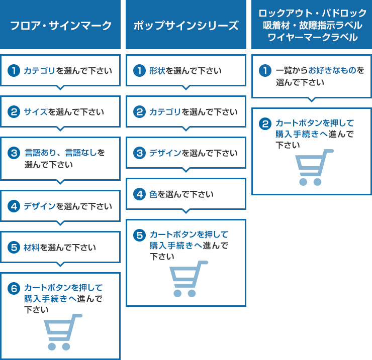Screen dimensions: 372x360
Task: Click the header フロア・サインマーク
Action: [60, 26]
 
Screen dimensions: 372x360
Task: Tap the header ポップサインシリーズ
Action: [186, 26]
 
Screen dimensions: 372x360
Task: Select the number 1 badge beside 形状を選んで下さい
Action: [139, 71]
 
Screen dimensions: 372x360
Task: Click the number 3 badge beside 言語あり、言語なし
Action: [14, 153]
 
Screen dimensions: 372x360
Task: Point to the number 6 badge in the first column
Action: [14, 288]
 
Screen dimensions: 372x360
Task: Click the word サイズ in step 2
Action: [36, 112]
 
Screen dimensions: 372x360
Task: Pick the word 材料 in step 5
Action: [32, 248]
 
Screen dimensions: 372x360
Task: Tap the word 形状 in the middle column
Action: [157, 71]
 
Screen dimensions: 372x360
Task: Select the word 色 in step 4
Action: [153, 194]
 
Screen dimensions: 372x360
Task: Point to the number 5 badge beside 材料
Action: [14, 247]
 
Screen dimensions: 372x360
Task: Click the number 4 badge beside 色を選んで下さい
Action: [139, 194]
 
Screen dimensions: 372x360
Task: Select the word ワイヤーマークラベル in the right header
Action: [313, 38]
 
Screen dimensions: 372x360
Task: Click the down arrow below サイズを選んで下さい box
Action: [60, 129]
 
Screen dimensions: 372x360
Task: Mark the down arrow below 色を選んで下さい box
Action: [186, 211]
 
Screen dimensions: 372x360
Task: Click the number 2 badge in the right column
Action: [265, 124]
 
